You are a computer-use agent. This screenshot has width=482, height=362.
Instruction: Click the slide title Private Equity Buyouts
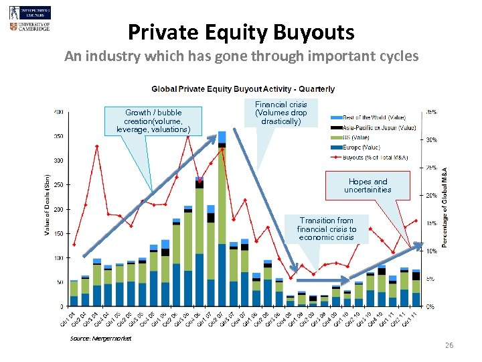click(x=241, y=32)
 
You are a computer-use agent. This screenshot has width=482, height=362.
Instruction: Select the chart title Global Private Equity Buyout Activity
click(x=243, y=89)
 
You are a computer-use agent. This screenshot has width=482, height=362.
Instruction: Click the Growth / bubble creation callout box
click(x=153, y=121)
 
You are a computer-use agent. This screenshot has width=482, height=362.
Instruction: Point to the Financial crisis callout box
click(x=280, y=113)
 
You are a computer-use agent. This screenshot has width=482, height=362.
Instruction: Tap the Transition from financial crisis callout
click(x=327, y=229)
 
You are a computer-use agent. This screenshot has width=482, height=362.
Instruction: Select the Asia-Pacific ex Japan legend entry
click(x=379, y=128)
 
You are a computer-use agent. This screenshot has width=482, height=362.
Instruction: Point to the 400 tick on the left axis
click(x=60, y=112)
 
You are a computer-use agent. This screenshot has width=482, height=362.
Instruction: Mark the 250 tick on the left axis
click(x=60, y=185)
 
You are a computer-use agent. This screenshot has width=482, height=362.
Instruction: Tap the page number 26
click(x=449, y=345)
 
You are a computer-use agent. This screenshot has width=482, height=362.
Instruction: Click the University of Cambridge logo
click(x=30, y=27)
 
